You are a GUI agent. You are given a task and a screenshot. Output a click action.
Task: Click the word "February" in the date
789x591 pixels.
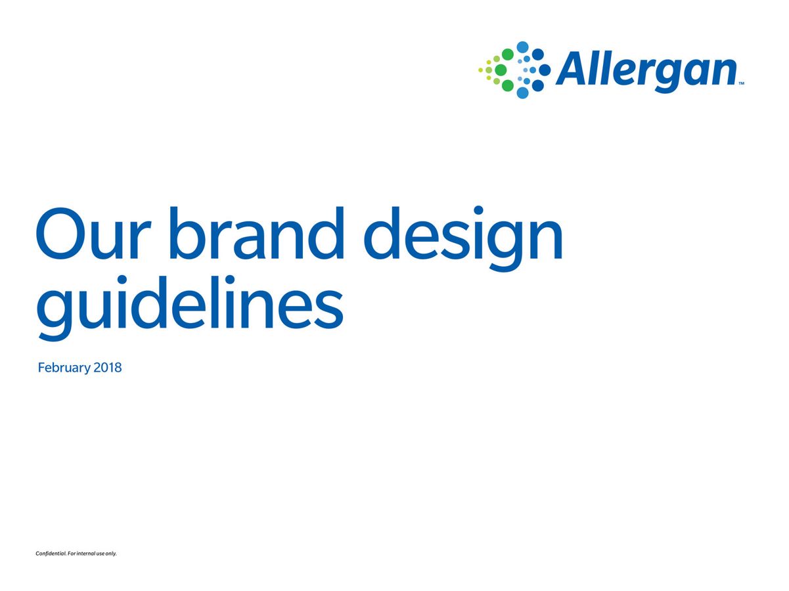64,368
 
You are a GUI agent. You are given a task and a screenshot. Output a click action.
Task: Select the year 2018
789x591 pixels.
108,368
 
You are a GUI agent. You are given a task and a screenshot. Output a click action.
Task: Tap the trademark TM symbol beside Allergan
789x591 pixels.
741,84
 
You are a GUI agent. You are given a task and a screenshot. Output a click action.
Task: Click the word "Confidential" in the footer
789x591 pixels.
51,554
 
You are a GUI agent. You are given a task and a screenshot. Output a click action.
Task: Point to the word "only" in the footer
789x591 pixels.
111,554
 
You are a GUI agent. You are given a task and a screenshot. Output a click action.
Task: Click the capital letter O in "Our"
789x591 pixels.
65,234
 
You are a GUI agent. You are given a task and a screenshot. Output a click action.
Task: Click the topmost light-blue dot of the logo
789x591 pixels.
523,47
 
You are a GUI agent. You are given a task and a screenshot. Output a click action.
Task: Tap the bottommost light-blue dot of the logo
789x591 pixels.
523,93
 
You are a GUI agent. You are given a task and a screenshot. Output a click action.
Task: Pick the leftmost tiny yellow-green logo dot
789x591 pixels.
481,70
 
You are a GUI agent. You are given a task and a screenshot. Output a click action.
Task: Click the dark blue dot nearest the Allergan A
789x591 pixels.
545,70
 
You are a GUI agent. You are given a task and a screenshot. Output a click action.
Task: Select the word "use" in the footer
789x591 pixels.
101,554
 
